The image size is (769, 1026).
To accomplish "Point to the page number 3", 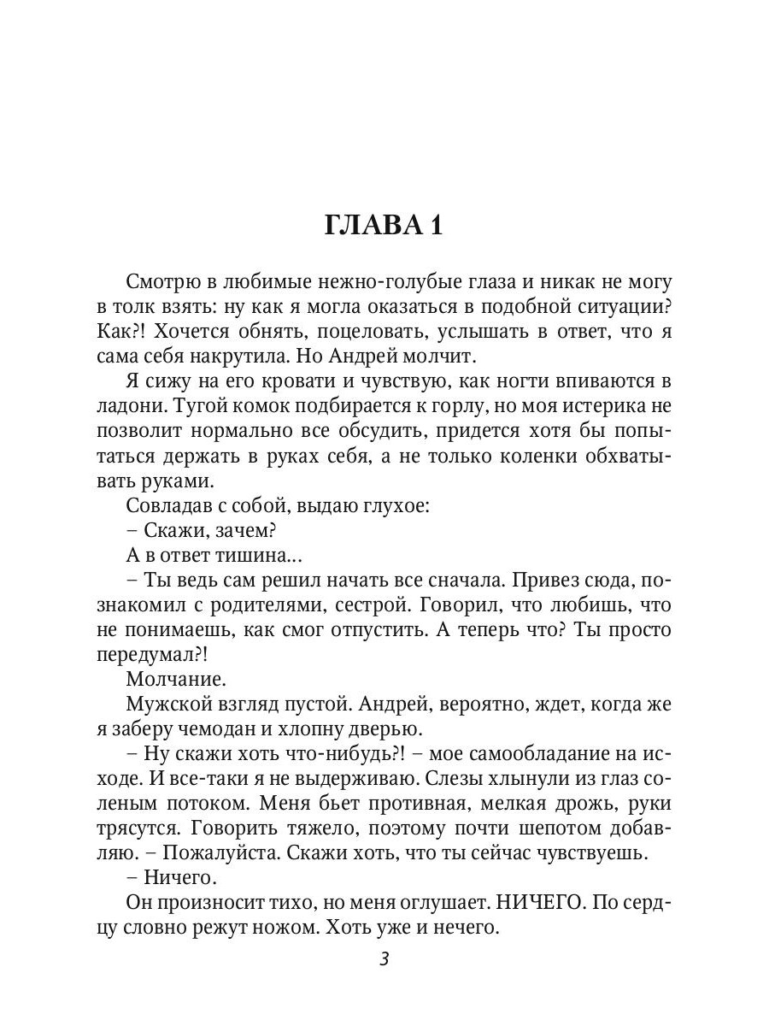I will (x=384, y=959).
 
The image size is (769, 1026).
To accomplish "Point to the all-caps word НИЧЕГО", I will (x=542, y=903).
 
